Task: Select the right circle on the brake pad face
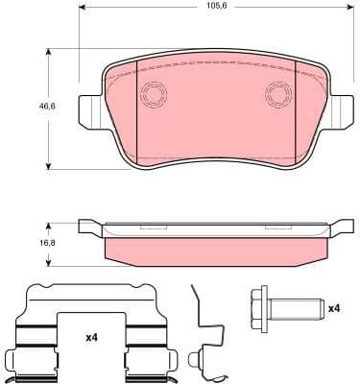278,94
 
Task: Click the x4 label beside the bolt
334,308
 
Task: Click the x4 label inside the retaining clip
91,337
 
